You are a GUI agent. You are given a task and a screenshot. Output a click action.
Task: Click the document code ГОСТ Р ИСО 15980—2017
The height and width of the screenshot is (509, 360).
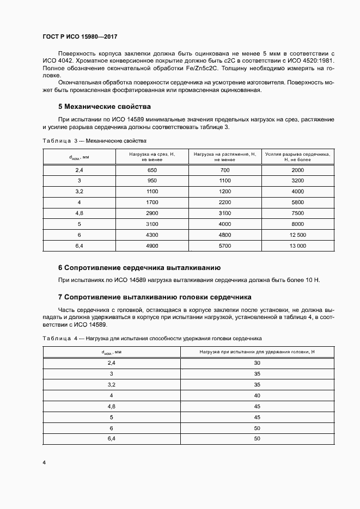tap(80, 36)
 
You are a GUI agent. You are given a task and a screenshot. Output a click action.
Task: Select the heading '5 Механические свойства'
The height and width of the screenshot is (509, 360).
tap(104, 106)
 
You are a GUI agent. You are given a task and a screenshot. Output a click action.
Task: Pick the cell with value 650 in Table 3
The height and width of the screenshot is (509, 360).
tap(151, 170)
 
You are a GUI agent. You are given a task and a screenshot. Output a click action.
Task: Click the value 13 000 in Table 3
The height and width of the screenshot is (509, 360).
tap(298, 246)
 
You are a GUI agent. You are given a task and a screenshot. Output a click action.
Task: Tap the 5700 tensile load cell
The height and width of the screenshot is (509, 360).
tap(225, 246)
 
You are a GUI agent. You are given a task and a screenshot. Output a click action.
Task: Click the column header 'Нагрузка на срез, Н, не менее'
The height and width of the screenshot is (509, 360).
tap(151, 157)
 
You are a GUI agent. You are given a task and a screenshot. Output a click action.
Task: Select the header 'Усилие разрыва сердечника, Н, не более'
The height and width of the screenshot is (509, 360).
tap(298, 157)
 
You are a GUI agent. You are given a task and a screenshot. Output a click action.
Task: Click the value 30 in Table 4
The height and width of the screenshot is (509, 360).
tap(257, 363)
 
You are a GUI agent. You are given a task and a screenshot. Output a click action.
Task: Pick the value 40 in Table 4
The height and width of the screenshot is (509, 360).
tap(257, 395)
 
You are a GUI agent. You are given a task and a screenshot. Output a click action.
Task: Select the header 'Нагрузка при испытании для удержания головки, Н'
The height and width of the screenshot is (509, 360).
tap(257, 352)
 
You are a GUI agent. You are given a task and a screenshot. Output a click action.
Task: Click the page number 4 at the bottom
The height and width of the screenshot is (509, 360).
tap(44, 463)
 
